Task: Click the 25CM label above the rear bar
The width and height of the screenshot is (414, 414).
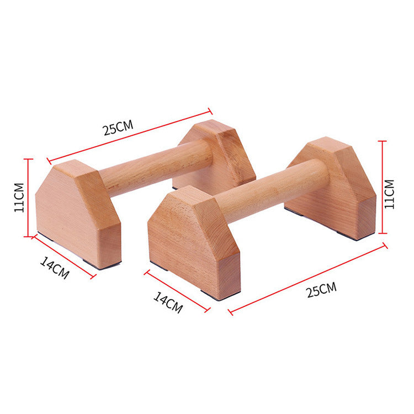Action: (x=118, y=128)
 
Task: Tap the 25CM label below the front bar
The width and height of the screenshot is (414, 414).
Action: (x=322, y=289)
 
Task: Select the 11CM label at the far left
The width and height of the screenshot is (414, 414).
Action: (x=19, y=198)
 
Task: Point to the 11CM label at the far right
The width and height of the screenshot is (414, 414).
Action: (x=390, y=194)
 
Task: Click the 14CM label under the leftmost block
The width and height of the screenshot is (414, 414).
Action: (x=55, y=268)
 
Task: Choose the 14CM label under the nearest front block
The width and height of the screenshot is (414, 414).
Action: (x=168, y=302)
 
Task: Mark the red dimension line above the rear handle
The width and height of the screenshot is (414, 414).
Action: (x=129, y=136)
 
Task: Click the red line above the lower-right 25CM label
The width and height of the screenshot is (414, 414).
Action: (x=308, y=279)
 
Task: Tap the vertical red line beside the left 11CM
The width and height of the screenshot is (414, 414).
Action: (x=28, y=198)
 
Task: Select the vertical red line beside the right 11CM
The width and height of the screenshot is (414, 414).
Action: (x=383, y=187)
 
